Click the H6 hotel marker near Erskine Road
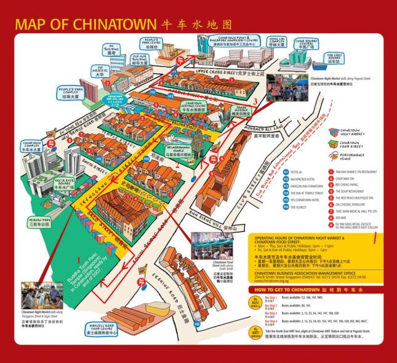tap(197, 319)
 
